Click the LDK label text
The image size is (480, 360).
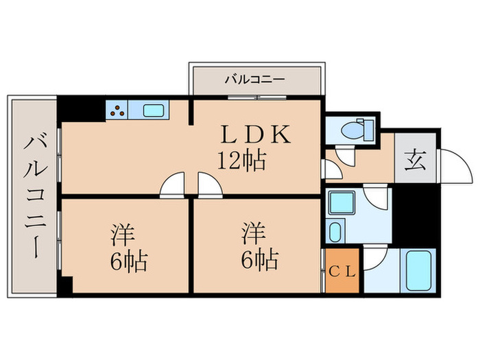[254, 133]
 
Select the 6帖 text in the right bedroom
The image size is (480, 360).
[258, 260]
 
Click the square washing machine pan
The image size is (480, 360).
[340, 204]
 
